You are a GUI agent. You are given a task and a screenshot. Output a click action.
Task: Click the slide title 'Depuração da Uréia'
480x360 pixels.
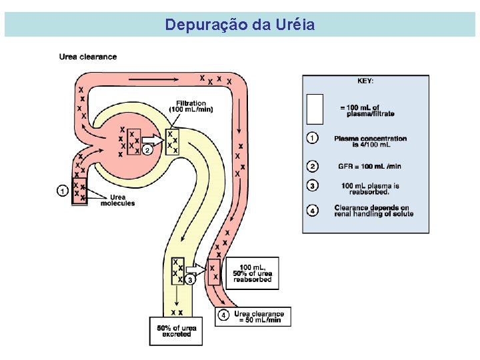tap(240, 25)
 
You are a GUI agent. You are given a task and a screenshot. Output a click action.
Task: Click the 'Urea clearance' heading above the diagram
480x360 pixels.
tap(87, 57)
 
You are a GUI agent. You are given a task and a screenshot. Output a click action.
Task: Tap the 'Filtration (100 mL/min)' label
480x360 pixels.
tap(191, 106)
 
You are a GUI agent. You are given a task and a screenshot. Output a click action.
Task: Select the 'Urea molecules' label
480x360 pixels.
tap(117, 200)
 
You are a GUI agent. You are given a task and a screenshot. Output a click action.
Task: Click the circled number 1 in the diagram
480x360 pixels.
tap(62, 191)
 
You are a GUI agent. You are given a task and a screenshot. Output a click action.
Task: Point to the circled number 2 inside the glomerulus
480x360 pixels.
tap(147, 150)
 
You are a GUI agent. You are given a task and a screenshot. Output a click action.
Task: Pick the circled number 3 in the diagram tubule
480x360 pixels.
tap(190, 281)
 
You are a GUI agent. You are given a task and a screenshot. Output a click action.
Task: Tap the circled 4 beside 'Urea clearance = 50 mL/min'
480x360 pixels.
tap(224, 315)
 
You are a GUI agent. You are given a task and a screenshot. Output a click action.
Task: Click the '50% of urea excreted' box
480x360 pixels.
tap(174, 331)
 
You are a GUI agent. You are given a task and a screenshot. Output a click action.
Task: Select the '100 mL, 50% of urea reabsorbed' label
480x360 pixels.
tap(251, 273)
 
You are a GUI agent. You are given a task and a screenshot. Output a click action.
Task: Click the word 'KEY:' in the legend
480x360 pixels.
tap(365, 81)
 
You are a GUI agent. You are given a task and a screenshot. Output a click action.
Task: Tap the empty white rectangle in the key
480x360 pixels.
tap(315, 109)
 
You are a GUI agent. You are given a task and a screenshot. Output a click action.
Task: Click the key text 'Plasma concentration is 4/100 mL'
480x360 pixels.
tap(371, 141)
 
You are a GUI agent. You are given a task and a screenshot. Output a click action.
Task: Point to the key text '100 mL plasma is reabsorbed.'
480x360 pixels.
tap(371, 188)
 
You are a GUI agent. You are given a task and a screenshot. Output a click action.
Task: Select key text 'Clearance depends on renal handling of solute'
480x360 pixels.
tap(373, 211)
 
